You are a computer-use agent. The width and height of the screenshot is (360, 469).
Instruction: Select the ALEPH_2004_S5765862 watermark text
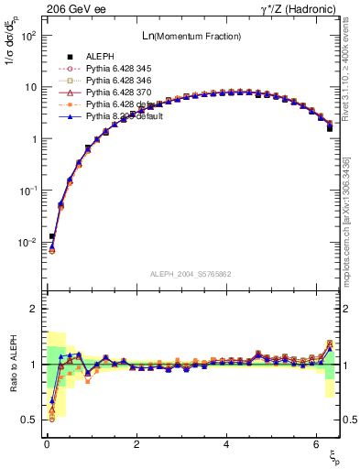pyautogui.click(x=190, y=275)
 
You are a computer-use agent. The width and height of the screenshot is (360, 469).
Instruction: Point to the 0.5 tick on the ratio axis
pyautogui.click(x=29, y=420)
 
